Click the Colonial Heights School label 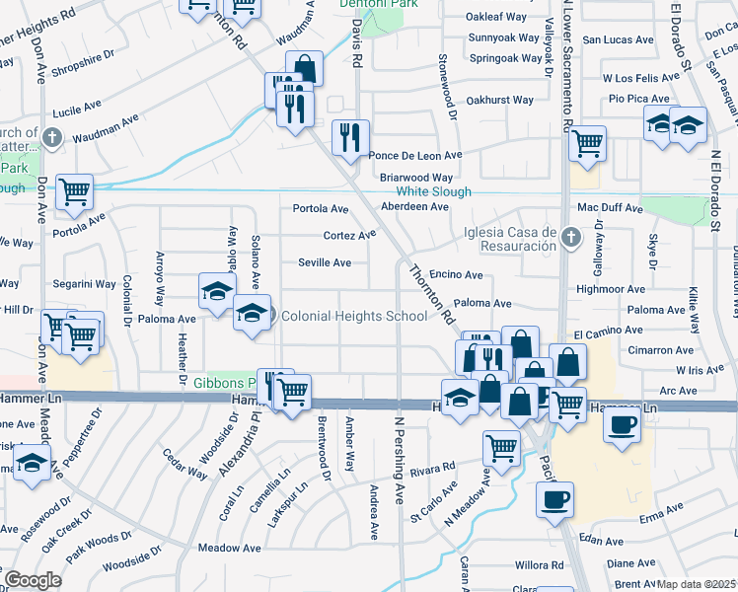355,316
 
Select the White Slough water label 433,191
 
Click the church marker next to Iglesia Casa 569,238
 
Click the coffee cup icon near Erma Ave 554,498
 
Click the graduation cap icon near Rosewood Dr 33,465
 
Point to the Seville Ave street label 326,262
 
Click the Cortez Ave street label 350,235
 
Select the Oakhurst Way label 499,100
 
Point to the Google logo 33,580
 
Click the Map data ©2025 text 697,584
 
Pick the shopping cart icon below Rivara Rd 501,447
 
